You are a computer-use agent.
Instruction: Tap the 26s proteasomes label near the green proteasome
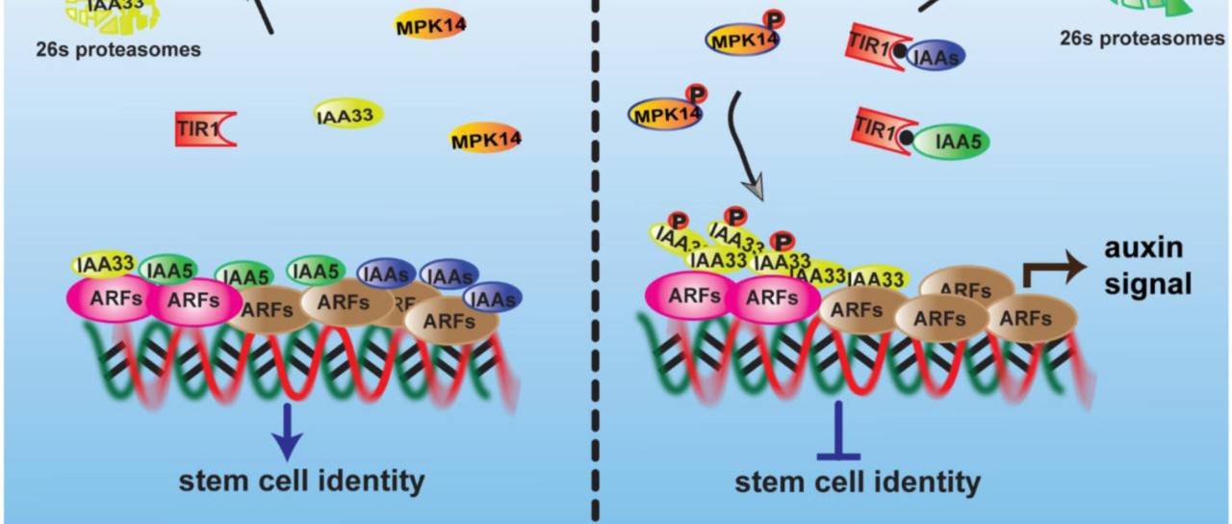(1142, 39)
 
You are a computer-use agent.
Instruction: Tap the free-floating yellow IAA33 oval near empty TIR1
(348, 116)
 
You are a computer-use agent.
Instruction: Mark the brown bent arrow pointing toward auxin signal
(1044, 270)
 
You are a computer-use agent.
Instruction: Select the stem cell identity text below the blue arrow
(301, 480)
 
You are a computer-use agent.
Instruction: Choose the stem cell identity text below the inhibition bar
(858, 481)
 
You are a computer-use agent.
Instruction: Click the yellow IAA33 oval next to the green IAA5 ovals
(103, 264)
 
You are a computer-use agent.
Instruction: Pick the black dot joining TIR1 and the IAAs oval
(897, 54)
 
